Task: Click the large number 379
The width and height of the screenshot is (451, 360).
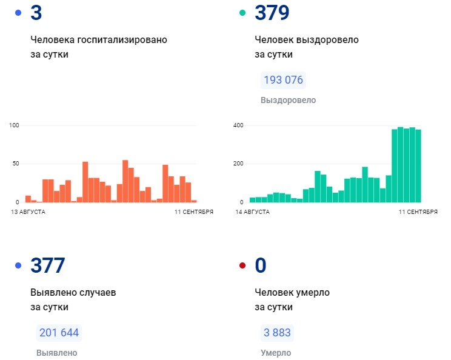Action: coord(273,13)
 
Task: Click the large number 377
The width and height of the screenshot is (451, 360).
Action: coord(47,265)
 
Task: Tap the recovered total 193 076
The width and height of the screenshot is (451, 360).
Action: coord(282,80)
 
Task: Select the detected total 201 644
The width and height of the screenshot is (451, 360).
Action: coord(59,333)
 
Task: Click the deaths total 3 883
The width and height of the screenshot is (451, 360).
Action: coord(277,333)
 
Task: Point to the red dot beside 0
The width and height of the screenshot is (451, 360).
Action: coord(242,265)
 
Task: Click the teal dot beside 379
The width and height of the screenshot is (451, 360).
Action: coord(242,13)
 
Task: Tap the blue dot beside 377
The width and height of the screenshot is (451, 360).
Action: coord(18,265)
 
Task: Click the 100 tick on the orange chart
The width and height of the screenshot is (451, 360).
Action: coord(15,125)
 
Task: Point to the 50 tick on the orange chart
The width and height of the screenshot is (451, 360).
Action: coord(16,164)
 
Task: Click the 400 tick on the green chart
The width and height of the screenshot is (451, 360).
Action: coord(238,125)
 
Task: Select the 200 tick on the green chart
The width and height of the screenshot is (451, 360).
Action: coord(238,164)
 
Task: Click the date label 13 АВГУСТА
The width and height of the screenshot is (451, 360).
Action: coord(28,212)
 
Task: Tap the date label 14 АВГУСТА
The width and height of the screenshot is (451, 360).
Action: coord(252,212)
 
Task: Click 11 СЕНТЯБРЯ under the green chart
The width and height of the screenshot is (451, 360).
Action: coord(418,212)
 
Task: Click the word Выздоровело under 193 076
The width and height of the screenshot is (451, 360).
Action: coord(288,100)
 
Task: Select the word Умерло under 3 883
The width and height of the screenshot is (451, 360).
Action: coord(276,353)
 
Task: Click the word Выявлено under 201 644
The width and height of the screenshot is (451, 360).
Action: coord(57,353)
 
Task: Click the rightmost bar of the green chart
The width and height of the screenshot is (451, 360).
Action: coord(418,165)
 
